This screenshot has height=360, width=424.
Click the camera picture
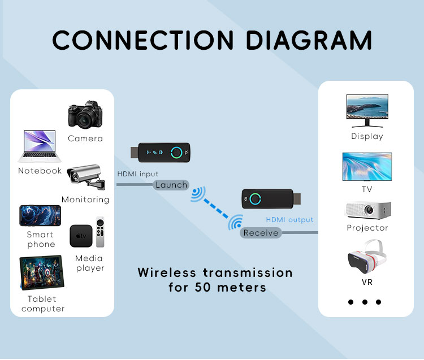coord(85,116)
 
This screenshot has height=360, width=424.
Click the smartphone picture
coord(40,215)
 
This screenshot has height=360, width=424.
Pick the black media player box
coord(81,236)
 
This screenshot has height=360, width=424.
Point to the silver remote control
coord(100,232)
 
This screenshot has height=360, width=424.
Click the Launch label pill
coord(171,185)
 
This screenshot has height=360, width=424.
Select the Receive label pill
coord(261,233)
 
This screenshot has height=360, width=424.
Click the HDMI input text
coord(138,174)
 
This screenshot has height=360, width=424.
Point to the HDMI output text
coord(289,220)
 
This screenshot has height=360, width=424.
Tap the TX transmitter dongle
coord(162,151)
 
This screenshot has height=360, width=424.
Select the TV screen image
coord(367,166)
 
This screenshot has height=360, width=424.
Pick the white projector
coord(367,210)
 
